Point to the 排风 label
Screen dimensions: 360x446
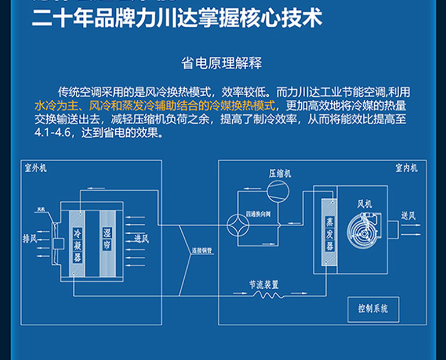pos(30,238)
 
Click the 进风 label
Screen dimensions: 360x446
pos(141,238)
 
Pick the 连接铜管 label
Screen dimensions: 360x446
pos(201,252)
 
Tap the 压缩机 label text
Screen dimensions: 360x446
pos(280,173)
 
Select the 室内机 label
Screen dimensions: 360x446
pos(406,168)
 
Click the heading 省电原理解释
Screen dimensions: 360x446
pos(222,63)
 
